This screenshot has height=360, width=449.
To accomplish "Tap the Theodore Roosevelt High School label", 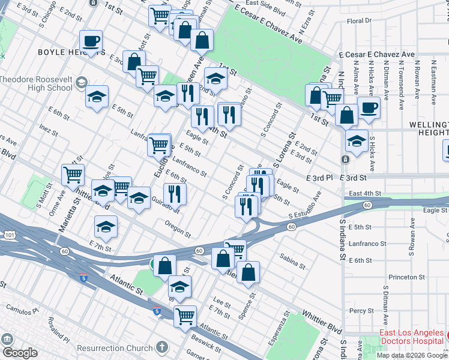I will click(36, 83).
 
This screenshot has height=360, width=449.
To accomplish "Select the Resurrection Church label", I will click(114, 348).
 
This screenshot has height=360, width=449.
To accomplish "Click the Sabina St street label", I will click(293, 256).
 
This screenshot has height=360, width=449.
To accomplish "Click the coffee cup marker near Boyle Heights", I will click(91, 42).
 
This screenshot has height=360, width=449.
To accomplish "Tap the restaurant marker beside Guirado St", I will click(175, 194).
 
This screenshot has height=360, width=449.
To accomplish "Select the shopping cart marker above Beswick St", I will click(185, 316).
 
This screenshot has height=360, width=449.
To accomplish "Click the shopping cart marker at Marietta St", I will click(73, 175).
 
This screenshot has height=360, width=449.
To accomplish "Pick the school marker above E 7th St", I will click(106, 227).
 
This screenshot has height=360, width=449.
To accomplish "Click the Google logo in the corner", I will click(20, 353).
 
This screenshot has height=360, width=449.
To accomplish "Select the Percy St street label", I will click(362, 311).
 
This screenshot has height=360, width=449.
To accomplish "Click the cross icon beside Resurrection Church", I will click(161, 347).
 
